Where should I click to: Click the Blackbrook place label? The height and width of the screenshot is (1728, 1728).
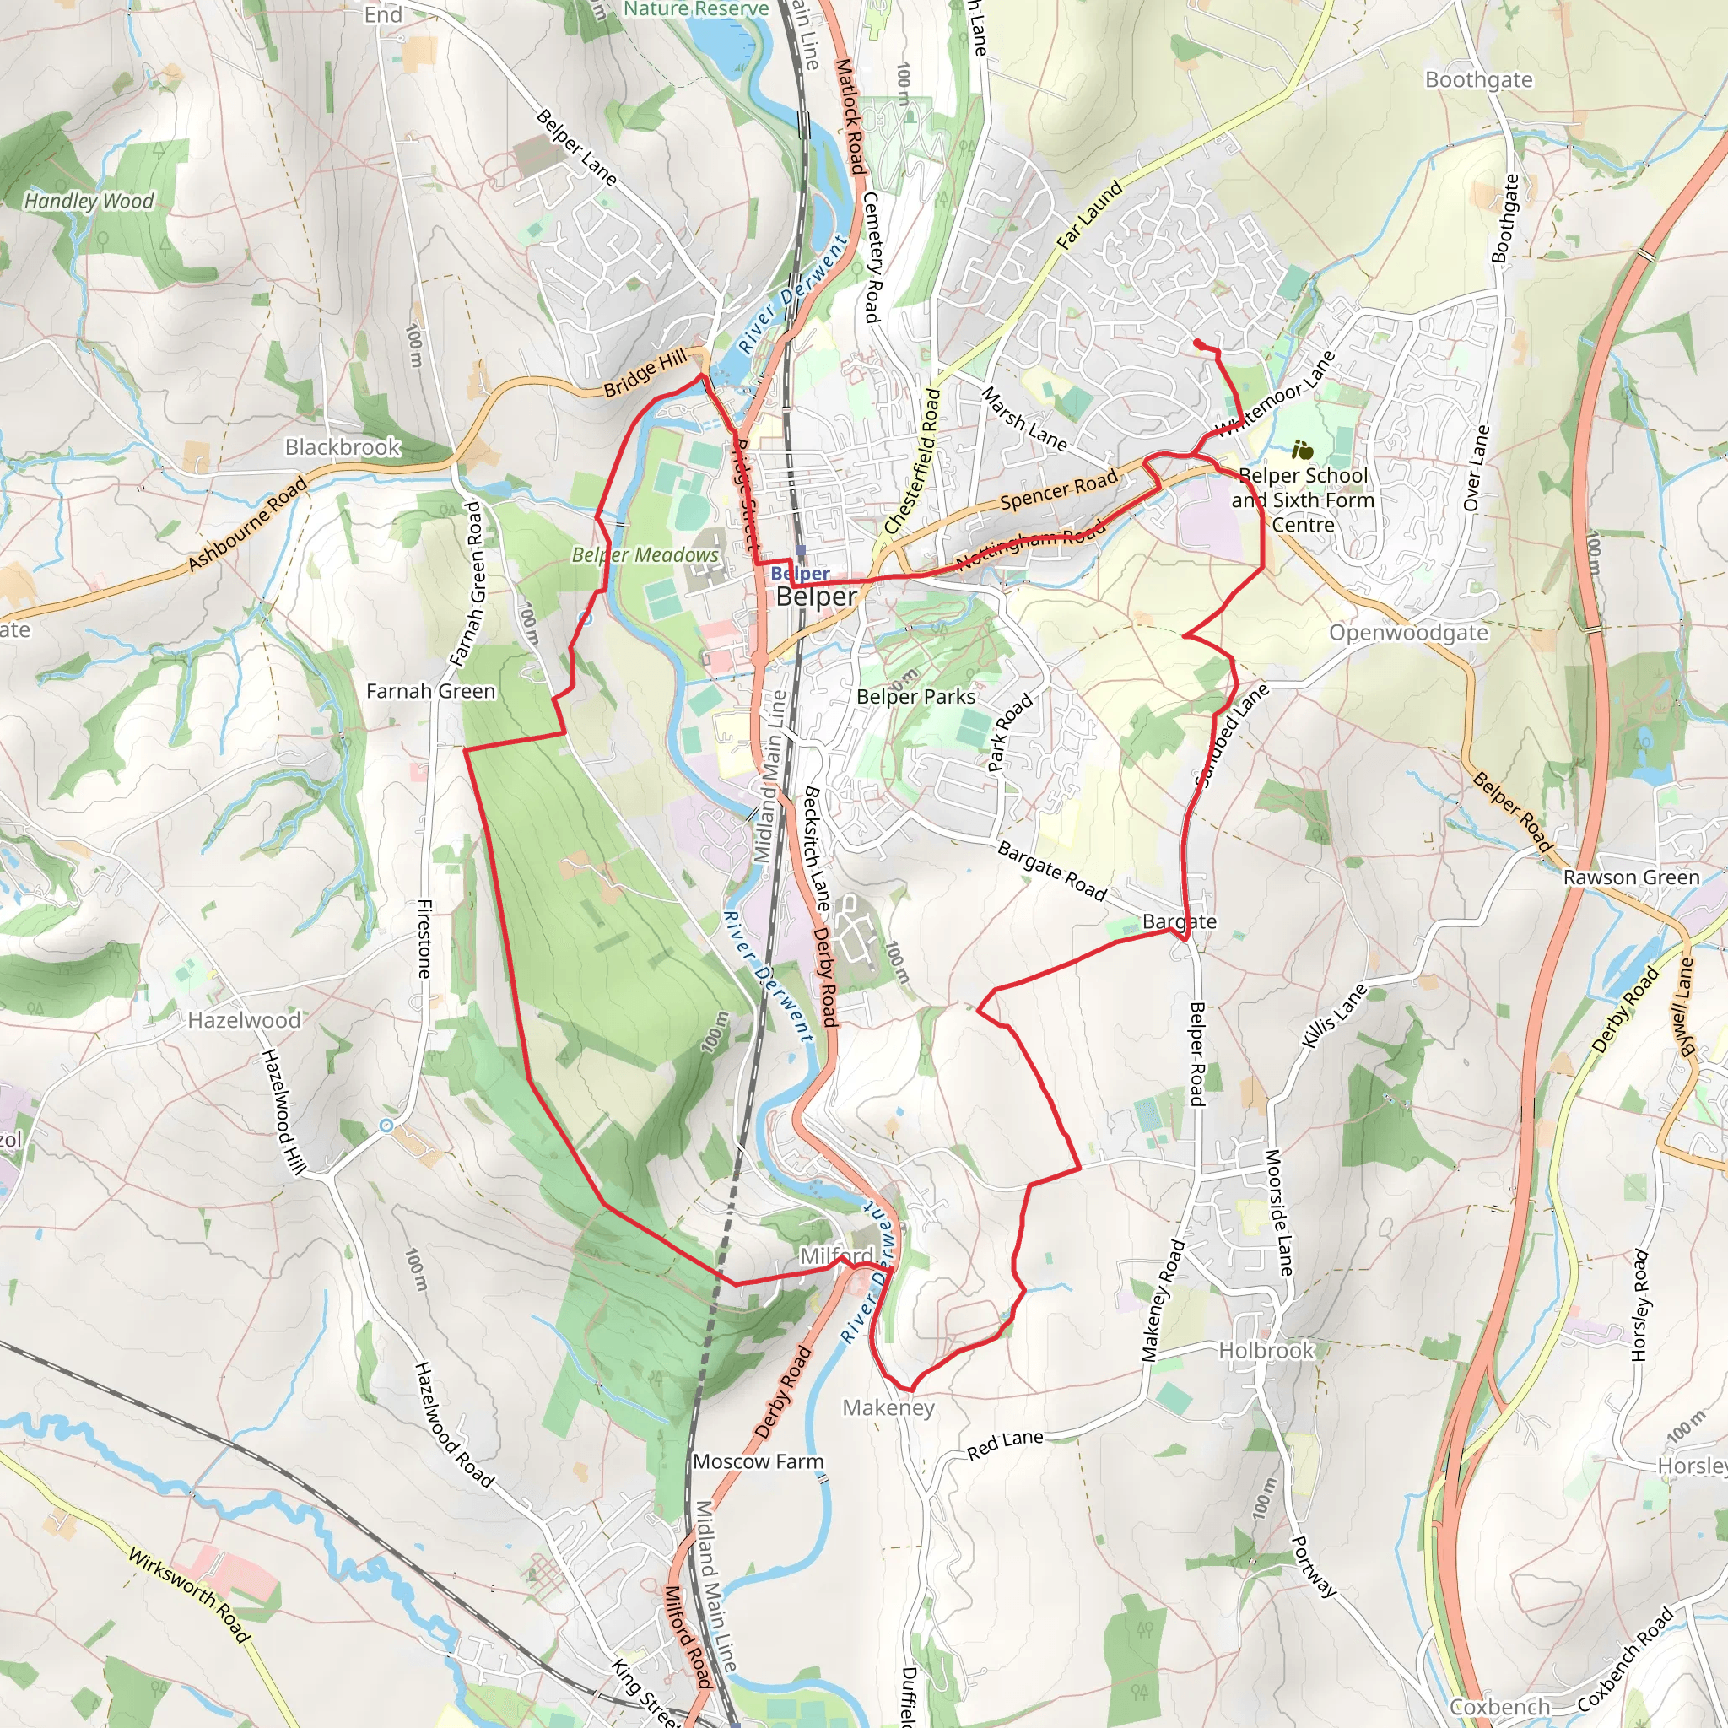click(343, 447)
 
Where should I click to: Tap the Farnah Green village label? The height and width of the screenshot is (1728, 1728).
click(430, 691)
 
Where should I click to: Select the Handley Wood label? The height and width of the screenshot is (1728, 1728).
click(89, 202)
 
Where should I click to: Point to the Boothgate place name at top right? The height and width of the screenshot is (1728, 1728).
click(1478, 80)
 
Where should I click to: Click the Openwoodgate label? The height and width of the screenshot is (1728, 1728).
click(1408, 634)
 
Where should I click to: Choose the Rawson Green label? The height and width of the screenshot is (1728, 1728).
click(1632, 877)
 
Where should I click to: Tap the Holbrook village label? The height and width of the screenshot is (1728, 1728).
click(1266, 1351)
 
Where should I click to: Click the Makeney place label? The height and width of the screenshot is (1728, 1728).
click(888, 1408)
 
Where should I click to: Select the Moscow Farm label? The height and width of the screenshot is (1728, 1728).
click(758, 1461)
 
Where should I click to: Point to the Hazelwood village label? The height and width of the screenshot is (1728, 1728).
click(243, 1021)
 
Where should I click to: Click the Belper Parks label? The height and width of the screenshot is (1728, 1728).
click(915, 697)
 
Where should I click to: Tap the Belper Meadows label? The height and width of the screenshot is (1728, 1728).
click(645, 554)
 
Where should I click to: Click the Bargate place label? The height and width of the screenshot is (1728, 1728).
click(1179, 921)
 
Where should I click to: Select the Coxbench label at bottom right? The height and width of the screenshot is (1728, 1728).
click(1499, 1707)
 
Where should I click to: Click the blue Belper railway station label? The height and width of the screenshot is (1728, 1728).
click(800, 573)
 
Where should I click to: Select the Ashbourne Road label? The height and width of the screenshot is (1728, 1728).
click(247, 524)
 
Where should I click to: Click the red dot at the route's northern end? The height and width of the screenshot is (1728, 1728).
click(1197, 343)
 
